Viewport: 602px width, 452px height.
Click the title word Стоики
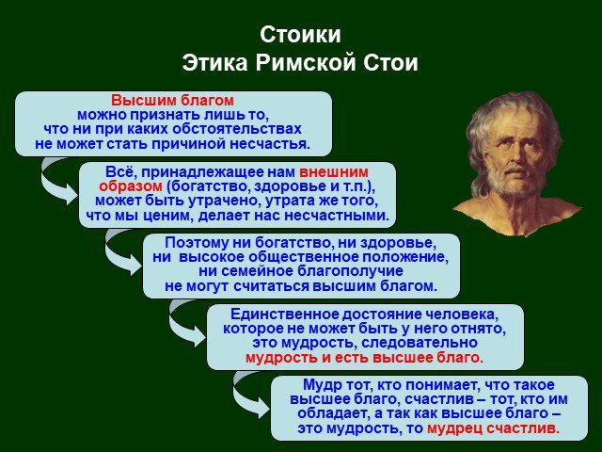tap(300, 35)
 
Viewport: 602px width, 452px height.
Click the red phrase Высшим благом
tap(172, 101)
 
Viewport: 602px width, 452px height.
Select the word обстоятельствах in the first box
tap(237, 129)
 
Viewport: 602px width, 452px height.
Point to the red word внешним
tap(334, 171)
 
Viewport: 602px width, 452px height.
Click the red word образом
tap(131, 186)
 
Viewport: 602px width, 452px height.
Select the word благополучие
tap(350, 271)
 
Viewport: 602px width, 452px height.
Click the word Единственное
tap(284, 315)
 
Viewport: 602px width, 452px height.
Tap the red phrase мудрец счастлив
tap(493, 428)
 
